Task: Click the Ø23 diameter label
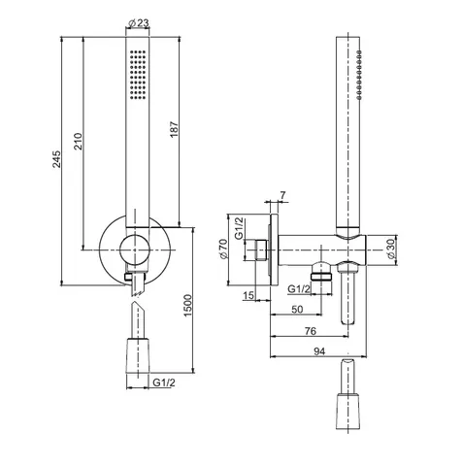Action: click(138, 23)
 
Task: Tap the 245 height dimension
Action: click(56, 159)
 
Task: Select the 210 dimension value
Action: click(79, 141)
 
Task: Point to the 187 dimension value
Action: click(174, 129)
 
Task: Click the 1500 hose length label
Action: click(187, 306)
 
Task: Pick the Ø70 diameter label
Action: click(224, 249)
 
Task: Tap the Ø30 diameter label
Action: click(391, 249)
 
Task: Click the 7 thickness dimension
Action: click(282, 195)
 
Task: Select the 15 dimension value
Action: click(248, 295)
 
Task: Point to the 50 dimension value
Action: click(297, 310)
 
